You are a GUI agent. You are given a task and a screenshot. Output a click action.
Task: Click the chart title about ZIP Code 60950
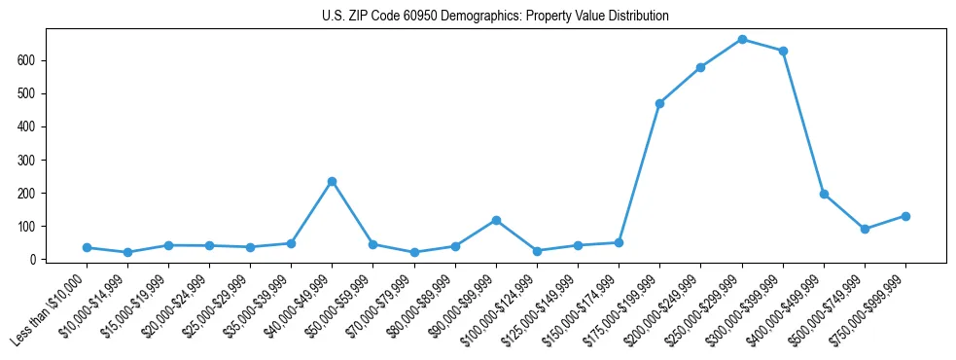[x=495, y=17]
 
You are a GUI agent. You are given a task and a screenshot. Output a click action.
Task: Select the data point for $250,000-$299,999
[x=742, y=40]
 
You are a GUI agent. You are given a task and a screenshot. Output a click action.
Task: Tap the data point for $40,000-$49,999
[x=332, y=181]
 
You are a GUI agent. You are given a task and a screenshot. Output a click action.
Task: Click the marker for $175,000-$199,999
[x=659, y=103]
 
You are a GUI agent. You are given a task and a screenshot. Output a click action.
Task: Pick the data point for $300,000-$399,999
[x=783, y=51]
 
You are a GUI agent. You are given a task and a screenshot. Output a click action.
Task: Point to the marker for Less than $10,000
[x=87, y=248]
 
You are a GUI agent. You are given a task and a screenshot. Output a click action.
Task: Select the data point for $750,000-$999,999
[x=905, y=216]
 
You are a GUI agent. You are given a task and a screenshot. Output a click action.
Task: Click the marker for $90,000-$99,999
[x=496, y=220]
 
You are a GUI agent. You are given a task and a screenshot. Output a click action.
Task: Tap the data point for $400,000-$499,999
[x=824, y=194]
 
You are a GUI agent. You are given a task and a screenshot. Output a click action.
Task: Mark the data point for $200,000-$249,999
[x=700, y=67]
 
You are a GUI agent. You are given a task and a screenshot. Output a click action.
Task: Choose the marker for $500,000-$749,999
[x=865, y=229]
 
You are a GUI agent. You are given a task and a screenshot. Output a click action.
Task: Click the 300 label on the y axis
[x=35, y=160]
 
